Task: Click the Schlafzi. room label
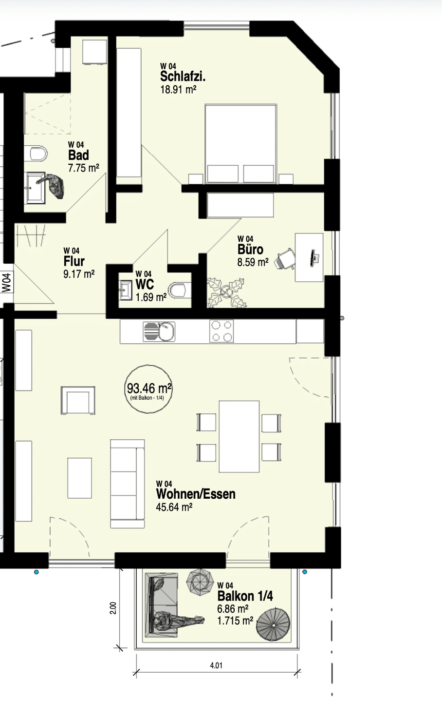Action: (x=183, y=76)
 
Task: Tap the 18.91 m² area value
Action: (x=178, y=90)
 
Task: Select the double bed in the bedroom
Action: (x=241, y=144)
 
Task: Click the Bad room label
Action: (x=78, y=155)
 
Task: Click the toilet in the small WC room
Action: (x=180, y=290)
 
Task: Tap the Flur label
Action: (x=74, y=261)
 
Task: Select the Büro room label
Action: (x=250, y=250)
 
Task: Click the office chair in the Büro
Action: (x=285, y=259)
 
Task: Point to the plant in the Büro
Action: (x=226, y=292)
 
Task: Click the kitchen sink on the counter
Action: (x=159, y=331)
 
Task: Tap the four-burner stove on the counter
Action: (x=221, y=331)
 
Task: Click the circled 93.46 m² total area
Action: (x=148, y=389)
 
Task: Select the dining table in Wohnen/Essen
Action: (x=239, y=436)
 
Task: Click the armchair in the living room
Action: (x=78, y=401)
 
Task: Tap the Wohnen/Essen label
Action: (x=196, y=494)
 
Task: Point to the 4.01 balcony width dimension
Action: (x=216, y=665)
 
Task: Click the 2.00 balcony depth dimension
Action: (x=113, y=608)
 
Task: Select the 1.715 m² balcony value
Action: (x=235, y=621)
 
